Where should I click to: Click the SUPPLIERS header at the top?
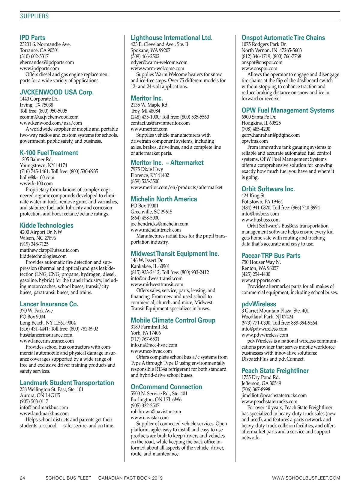34,16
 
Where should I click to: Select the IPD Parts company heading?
32,38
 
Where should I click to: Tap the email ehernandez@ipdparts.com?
47,62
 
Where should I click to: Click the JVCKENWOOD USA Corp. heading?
57,92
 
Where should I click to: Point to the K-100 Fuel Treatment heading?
49,153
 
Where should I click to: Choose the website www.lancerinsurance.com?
47,341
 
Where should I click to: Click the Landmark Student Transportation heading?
67,383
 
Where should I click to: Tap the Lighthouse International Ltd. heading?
171,38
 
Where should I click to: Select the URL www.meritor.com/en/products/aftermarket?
176,187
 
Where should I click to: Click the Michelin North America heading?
164,199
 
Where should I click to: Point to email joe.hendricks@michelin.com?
159,224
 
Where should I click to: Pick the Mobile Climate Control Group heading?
173,320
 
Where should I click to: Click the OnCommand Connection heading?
166,387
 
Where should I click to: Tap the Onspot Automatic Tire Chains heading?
283,38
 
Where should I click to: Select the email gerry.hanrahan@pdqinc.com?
271,135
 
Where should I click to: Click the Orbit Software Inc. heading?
268,189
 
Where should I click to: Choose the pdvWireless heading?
259,304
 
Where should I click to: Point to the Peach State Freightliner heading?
275,370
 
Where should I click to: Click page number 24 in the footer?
22,478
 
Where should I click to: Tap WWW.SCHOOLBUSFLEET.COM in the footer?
306,478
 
